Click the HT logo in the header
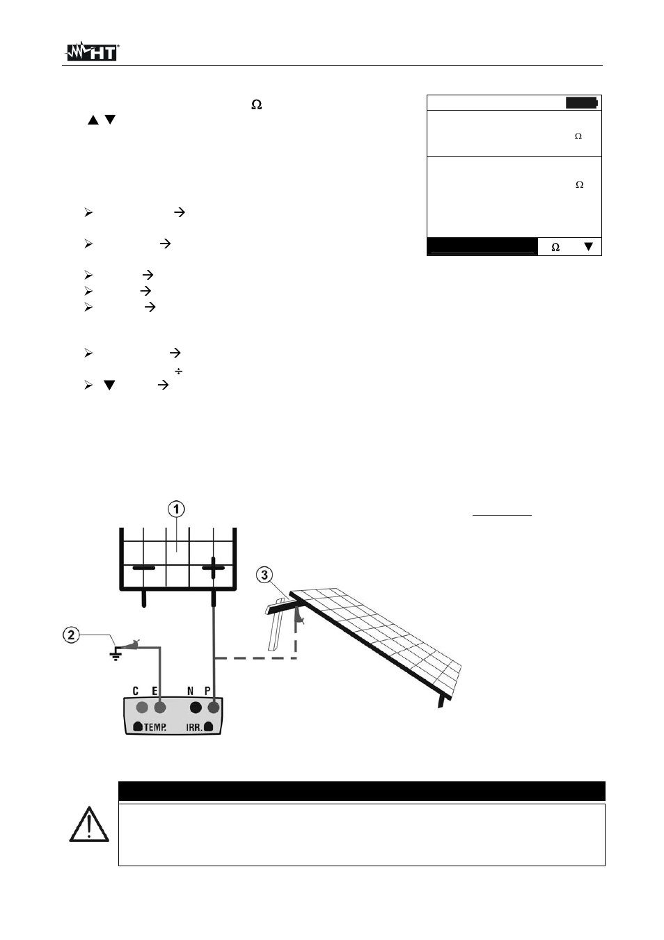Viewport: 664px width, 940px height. tap(93, 52)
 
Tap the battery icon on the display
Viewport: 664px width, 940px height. tap(581, 103)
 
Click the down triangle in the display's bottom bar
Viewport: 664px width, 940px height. tap(588, 247)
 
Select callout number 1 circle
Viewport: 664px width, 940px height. tap(177, 509)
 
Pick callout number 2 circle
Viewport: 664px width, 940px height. tap(71, 635)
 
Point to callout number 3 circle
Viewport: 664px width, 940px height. tap(264, 575)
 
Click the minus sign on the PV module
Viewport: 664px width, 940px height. tap(144, 568)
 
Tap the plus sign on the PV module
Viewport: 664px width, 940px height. tap(213, 568)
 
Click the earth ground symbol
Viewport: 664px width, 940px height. tap(116, 654)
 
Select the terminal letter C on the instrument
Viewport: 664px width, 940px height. tap(136, 691)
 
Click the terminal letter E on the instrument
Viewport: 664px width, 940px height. tap(155, 691)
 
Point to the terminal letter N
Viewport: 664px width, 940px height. tap(191, 691)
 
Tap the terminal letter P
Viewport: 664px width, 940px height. tap(207, 691)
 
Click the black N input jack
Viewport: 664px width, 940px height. tap(196, 708)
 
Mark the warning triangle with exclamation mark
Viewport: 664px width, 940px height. tap(88, 825)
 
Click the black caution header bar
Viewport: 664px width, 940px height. tap(361, 791)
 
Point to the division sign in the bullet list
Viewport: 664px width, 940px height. tap(178, 372)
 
